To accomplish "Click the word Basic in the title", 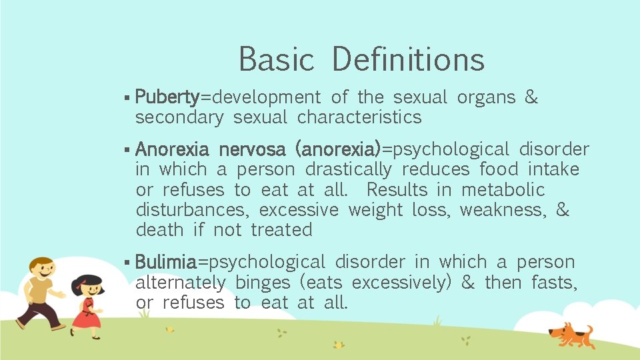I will [276, 59].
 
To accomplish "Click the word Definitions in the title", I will [408, 59].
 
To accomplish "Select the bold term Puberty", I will [167, 97].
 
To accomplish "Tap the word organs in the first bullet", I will [486, 97].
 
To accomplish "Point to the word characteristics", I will [359, 117].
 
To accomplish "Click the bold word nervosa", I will [252, 149].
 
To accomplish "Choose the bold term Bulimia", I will [166, 262].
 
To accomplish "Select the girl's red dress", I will [86, 315].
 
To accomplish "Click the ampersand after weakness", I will [563, 210].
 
